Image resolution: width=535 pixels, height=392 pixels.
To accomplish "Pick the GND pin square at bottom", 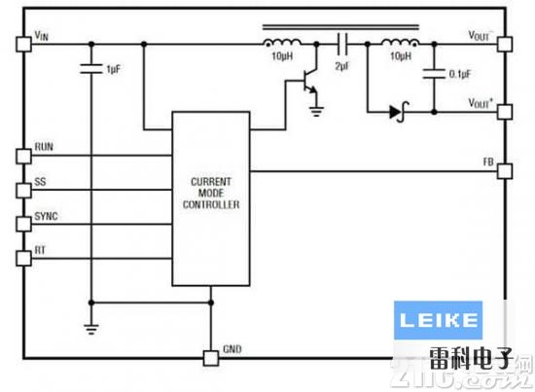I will pos(209,357).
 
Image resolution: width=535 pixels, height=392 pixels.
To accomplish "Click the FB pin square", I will pos(503,171).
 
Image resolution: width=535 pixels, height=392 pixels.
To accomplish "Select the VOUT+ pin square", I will pos(503,111).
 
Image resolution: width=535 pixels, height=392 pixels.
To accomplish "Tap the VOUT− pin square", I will pos(503,44).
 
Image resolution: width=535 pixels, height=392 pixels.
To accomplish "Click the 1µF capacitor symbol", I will pos(90,69).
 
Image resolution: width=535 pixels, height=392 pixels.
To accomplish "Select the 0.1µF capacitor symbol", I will pos(427,71).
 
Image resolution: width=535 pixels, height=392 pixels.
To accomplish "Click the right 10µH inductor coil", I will pos(399,43).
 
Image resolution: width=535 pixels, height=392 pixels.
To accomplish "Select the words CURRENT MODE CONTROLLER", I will pos(210,193).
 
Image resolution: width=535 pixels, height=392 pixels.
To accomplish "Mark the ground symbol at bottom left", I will pos(90,328).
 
